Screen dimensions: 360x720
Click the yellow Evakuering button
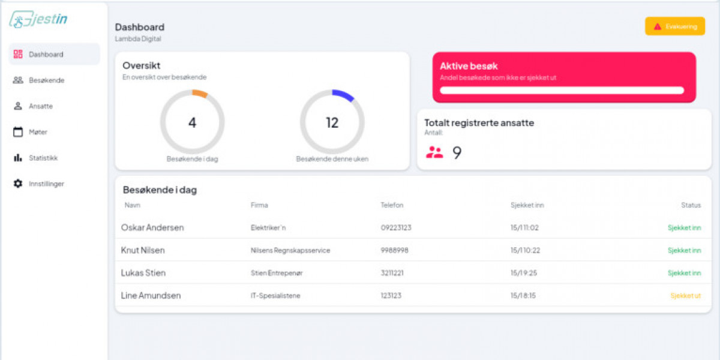point(675,26)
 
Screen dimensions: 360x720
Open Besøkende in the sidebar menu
point(46,80)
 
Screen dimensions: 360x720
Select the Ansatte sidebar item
point(41,106)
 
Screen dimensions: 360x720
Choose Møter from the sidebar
point(38,132)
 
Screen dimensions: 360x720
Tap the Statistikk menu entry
point(43,158)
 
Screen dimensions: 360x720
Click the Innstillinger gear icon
point(18,184)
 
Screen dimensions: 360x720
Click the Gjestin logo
point(38,20)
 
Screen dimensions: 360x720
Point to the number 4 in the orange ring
point(192,123)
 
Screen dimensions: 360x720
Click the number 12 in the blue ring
point(332,123)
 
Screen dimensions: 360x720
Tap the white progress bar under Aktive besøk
point(562,91)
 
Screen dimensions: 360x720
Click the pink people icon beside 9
point(434,152)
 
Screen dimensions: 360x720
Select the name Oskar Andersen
point(152,228)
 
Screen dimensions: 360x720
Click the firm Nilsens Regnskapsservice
point(290,250)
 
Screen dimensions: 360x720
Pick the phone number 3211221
point(392,273)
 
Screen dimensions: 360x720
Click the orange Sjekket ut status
point(685,296)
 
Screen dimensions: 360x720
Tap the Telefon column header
point(392,205)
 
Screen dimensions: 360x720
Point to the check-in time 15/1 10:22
point(524,250)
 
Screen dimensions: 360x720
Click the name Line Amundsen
point(151,296)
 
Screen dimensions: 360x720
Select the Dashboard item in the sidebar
point(46,55)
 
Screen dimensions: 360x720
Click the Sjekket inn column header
point(527,205)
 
